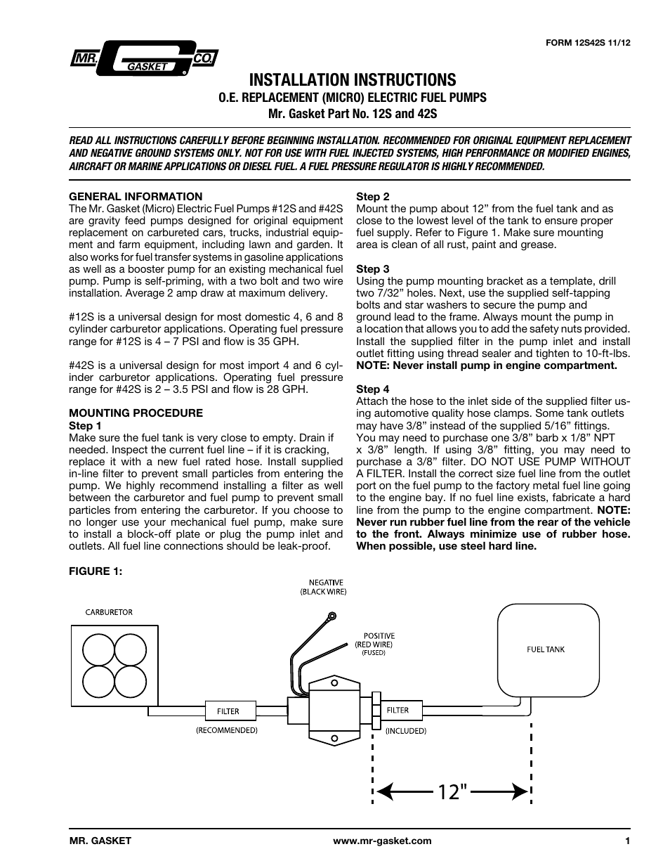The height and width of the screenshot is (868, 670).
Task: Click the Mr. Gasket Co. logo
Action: pos(143,60)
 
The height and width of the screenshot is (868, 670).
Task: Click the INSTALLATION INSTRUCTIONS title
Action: pos(352,79)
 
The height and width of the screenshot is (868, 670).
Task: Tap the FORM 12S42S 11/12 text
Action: pos(588,42)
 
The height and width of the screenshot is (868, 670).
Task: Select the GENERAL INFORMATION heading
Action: pos(135,197)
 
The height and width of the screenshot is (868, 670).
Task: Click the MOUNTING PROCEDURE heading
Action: pos(136,413)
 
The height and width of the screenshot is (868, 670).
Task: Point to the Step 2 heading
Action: pos(372,197)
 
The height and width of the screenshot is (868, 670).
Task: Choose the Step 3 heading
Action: pos(372,269)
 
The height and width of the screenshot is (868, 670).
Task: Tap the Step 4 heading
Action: pos(372,389)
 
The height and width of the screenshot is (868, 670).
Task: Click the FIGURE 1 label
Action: pos(96,571)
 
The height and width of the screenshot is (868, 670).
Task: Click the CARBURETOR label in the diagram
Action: pos(109,612)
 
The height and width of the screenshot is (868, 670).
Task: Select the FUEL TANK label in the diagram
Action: pos(546,649)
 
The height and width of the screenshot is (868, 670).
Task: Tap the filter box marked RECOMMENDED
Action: pos(228,711)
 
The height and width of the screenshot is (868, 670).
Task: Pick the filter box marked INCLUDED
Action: pos(398,711)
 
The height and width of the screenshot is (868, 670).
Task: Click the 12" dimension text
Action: pos(453,792)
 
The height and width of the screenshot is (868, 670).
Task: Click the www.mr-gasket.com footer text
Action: pos(382,841)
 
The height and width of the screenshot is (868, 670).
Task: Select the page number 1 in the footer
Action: pos(627,841)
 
